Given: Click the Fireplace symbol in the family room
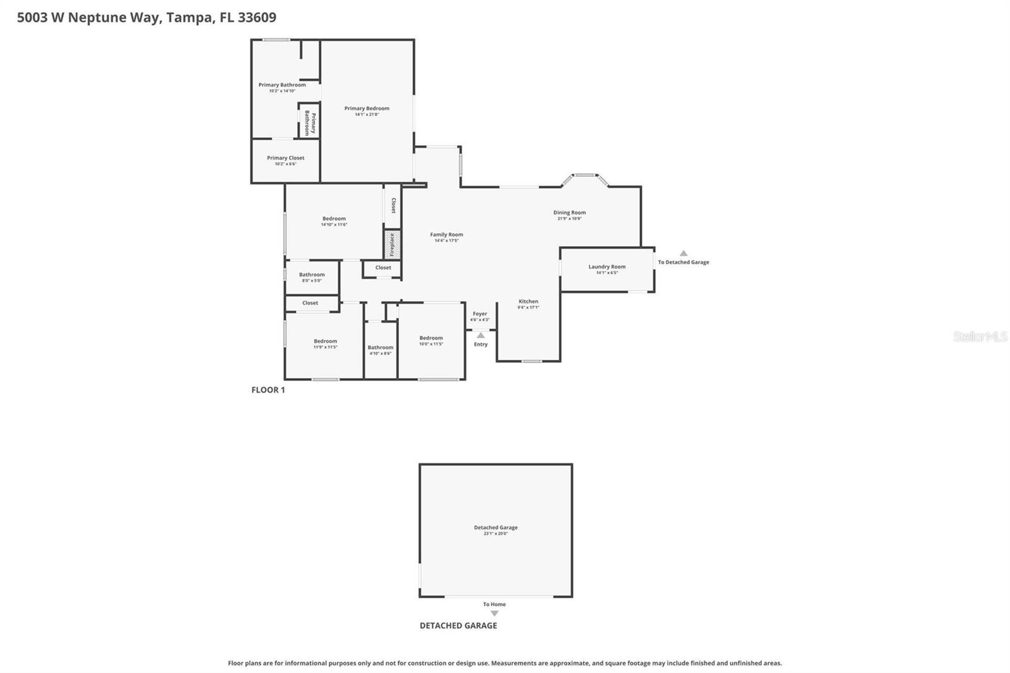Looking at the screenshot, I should pyautogui.click(x=391, y=244).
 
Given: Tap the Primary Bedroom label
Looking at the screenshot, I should pyautogui.click(x=367, y=109).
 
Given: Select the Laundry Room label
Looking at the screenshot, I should pyautogui.click(x=607, y=266).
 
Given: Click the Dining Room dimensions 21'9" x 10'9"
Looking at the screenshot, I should pyautogui.click(x=569, y=218).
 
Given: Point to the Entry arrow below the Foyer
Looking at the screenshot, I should pyautogui.click(x=480, y=336).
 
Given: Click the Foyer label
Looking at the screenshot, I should pyautogui.click(x=480, y=314).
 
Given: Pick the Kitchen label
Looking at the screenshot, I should pyautogui.click(x=528, y=301).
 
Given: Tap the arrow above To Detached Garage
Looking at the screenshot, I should pyautogui.click(x=683, y=253).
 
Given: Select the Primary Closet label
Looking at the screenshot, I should pyautogui.click(x=285, y=158).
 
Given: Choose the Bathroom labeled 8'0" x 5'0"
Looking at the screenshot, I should pyautogui.click(x=312, y=275).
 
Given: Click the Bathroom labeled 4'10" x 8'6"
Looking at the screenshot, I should pyautogui.click(x=381, y=347).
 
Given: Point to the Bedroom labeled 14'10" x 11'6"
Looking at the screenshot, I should pyautogui.click(x=334, y=218).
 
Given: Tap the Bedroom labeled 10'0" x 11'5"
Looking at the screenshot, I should pyautogui.click(x=431, y=338).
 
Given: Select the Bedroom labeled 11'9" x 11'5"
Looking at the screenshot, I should pyautogui.click(x=325, y=341).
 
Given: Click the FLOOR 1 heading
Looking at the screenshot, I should pyautogui.click(x=268, y=390).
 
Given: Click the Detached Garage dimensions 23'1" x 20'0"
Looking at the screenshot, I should pyautogui.click(x=496, y=533).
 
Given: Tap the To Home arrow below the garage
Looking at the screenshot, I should pyautogui.click(x=494, y=613).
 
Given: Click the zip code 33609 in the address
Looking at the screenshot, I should pyautogui.click(x=257, y=17).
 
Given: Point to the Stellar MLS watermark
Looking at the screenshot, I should pyautogui.click(x=980, y=336).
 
